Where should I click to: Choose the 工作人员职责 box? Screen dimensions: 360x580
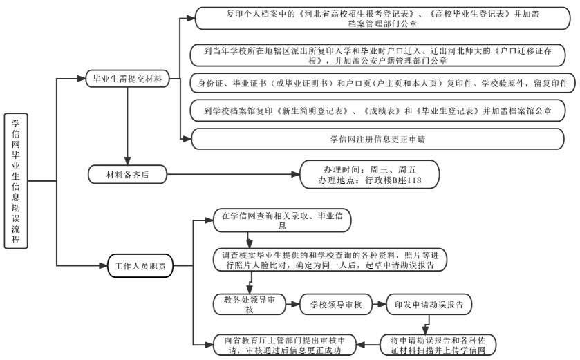pos(140,265)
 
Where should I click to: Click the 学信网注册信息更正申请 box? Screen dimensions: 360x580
pos(377,139)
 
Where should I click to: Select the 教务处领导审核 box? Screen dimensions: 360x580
pos(250,305)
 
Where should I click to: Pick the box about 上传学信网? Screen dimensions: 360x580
pos(438,343)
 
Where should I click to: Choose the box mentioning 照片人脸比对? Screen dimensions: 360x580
pos(330,260)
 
